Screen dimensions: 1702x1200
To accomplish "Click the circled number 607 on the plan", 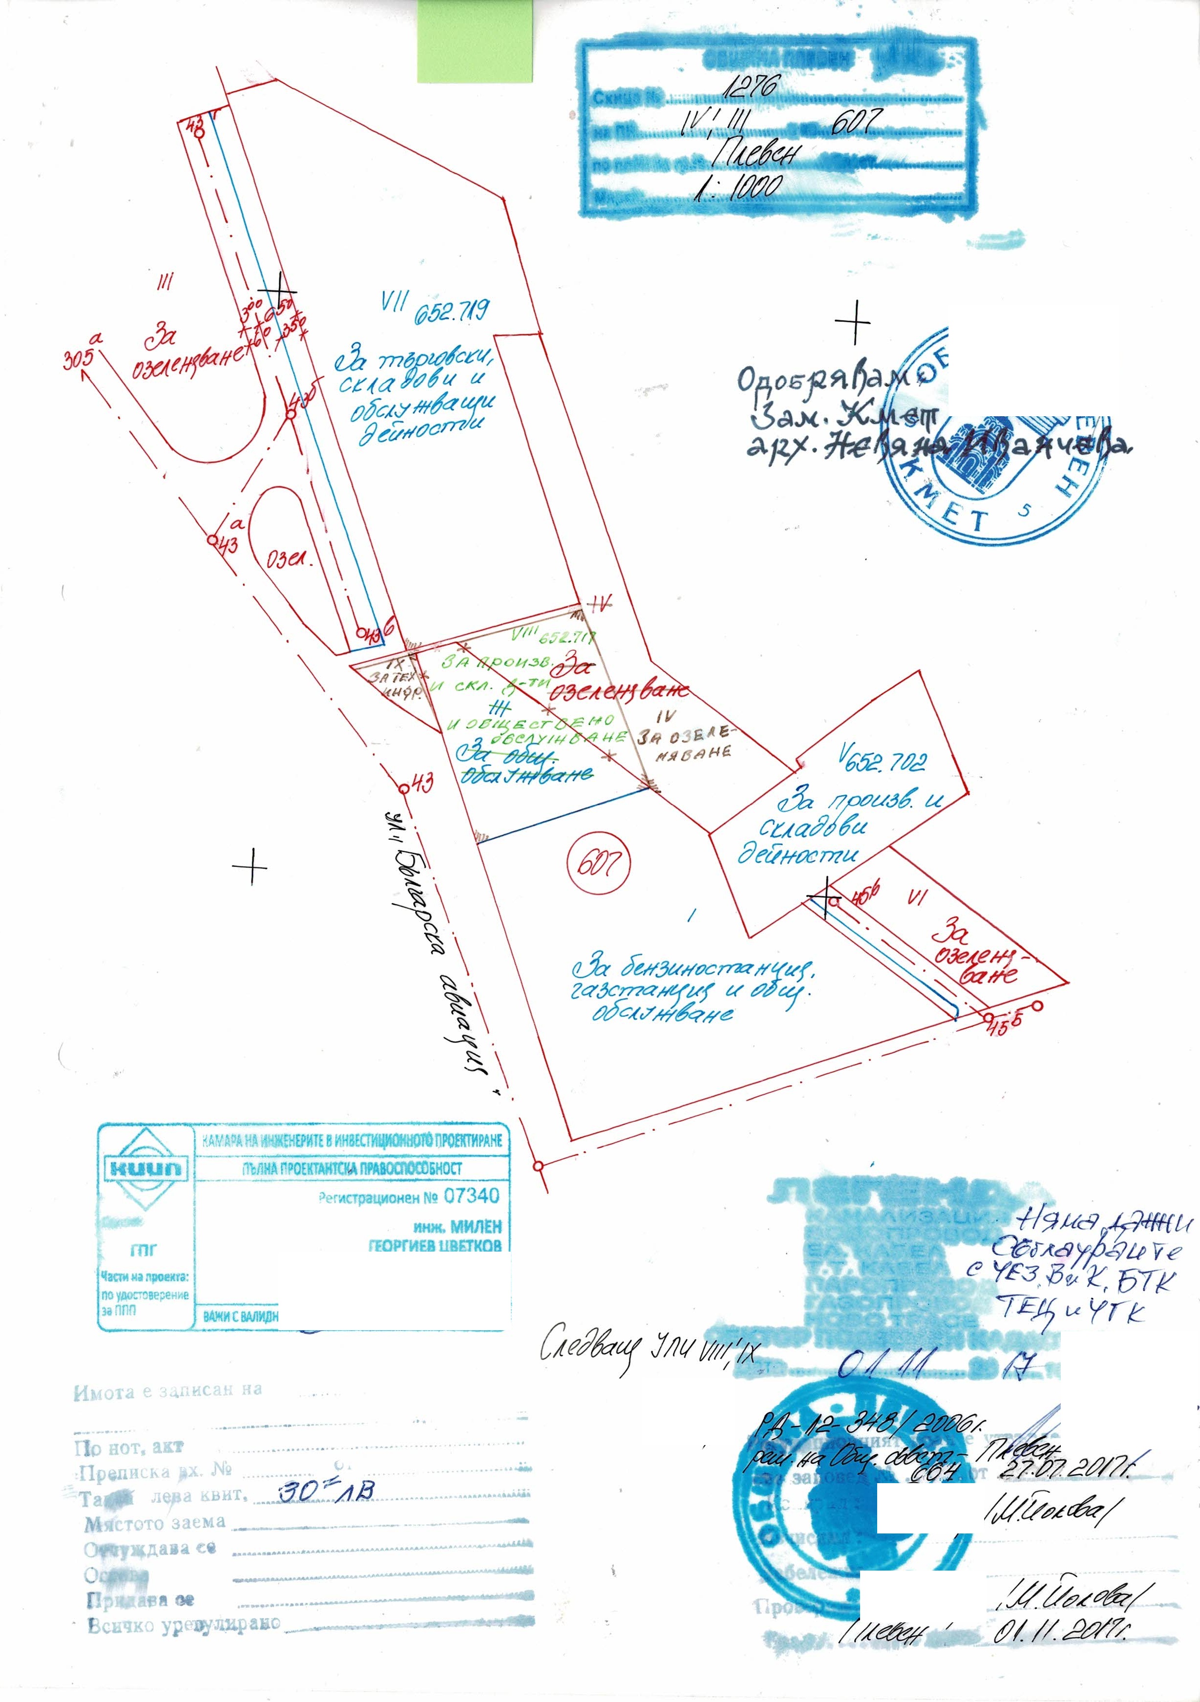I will (x=597, y=862).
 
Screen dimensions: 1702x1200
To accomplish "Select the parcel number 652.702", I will (x=889, y=761).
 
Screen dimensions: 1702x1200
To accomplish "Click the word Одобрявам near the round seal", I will (x=823, y=379).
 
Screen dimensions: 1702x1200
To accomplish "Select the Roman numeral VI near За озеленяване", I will (x=918, y=897).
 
